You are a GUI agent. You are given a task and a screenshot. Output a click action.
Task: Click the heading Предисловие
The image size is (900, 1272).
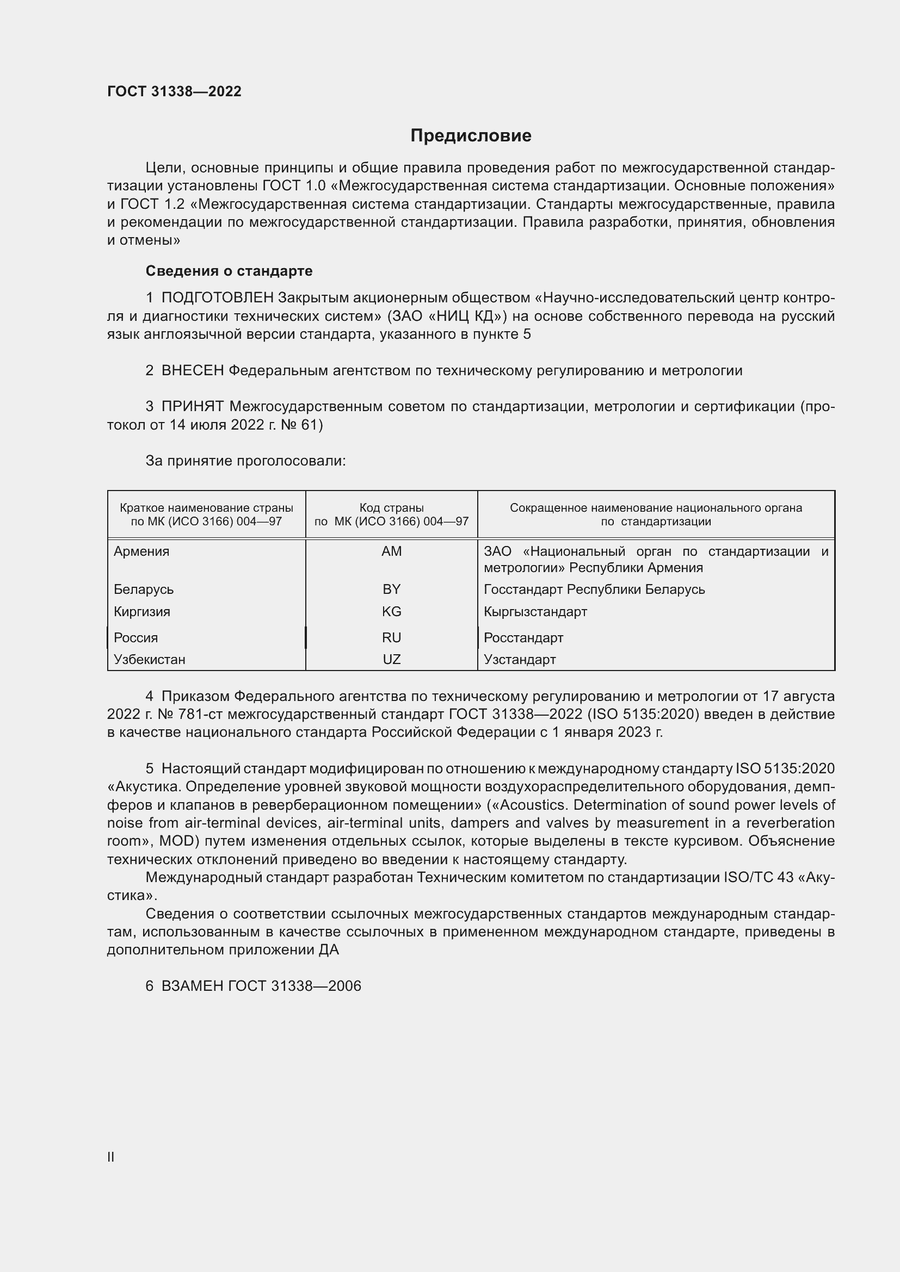(x=471, y=136)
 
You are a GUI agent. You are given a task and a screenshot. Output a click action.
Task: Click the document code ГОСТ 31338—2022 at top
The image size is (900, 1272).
(x=174, y=91)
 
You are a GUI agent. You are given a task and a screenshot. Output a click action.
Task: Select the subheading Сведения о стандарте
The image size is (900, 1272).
(x=229, y=271)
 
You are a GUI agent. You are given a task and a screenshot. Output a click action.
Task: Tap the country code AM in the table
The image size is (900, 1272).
(x=391, y=551)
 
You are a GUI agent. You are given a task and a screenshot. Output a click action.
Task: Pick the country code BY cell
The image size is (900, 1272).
(x=391, y=589)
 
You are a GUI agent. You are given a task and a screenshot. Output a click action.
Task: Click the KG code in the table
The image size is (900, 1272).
(x=391, y=612)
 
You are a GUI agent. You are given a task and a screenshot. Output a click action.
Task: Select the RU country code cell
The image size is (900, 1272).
(x=391, y=638)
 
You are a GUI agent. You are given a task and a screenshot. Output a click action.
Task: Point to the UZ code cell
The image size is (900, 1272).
(x=391, y=659)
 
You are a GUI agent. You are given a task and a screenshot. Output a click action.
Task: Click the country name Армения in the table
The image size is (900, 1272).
(x=141, y=551)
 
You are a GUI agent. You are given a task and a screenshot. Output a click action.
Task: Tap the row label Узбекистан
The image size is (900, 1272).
(x=150, y=659)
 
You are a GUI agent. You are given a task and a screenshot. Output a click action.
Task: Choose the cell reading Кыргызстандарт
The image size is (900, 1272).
(x=535, y=612)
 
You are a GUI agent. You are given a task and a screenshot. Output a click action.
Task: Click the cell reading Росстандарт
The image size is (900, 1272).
(x=523, y=638)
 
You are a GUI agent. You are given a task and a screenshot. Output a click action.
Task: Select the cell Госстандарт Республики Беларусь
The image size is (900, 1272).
(x=594, y=589)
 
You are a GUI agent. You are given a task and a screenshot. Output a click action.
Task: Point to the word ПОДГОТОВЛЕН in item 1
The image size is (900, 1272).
(x=217, y=298)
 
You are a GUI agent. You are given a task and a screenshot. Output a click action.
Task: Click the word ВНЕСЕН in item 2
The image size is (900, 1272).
(x=192, y=371)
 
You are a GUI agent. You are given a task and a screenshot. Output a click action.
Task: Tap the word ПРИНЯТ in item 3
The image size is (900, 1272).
(x=192, y=407)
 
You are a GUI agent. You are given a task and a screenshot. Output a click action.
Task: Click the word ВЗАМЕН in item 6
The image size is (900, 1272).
(x=192, y=986)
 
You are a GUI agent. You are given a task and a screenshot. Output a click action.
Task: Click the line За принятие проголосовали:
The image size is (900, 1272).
(x=245, y=461)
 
